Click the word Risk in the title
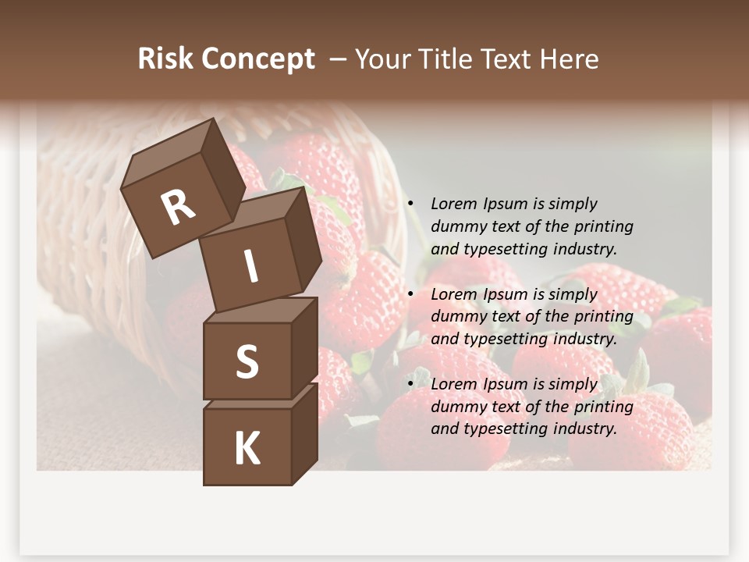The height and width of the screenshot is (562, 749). point(166,59)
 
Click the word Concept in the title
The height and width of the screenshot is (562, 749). point(259,59)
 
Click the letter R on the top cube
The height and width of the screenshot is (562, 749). point(178,207)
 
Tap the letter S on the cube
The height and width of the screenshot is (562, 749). point(247,361)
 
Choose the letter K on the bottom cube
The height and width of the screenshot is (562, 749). point(247,449)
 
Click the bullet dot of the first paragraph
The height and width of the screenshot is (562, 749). point(410,204)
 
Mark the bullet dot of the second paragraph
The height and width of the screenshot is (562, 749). point(410,294)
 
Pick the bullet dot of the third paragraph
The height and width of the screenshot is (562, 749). point(410,384)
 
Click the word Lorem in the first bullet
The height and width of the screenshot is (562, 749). point(452,204)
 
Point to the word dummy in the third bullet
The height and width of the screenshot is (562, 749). point(456,407)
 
